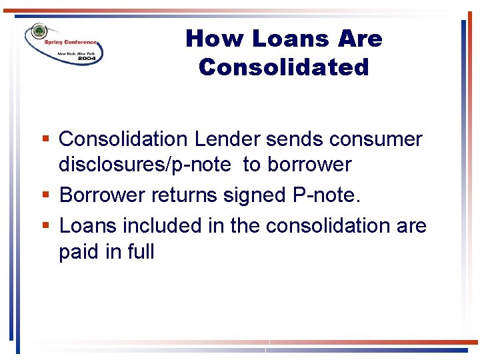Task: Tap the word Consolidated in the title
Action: click(x=283, y=67)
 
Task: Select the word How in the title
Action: click(x=206, y=39)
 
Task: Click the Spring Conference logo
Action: click(x=64, y=45)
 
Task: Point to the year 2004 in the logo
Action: click(x=87, y=58)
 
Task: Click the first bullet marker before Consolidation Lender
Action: click(x=45, y=139)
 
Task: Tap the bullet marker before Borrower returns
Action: click(x=45, y=195)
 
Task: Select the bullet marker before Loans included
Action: click(x=45, y=226)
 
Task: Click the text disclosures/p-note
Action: click(x=145, y=165)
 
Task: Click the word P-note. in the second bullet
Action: click(x=327, y=195)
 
